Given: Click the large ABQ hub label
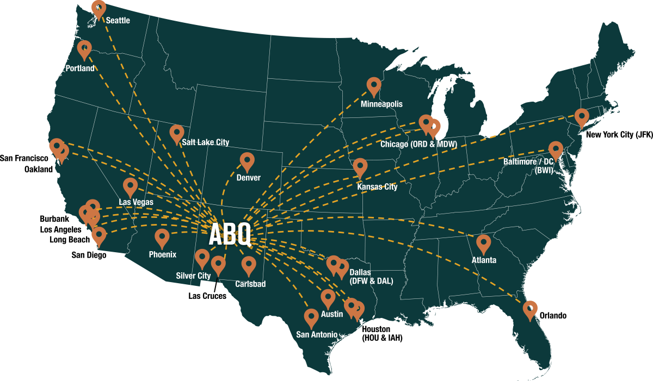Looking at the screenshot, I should click(x=230, y=235).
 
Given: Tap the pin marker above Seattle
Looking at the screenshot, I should click(x=98, y=9).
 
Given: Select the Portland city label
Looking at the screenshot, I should click(x=80, y=68).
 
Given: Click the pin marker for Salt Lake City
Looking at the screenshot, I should click(x=177, y=133).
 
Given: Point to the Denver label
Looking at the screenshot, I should click(x=249, y=178).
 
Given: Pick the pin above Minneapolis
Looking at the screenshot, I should click(x=374, y=85).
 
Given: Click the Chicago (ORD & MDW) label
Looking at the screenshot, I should click(x=418, y=143).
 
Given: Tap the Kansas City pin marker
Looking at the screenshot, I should click(x=360, y=167).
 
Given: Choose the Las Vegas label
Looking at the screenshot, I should click(x=136, y=202).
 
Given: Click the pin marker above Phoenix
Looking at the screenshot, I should click(x=162, y=238).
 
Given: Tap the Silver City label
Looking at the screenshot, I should click(x=193, y=276).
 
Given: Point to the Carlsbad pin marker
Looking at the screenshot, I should click(x=249, y=265).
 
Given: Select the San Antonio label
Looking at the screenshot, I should click(x=317, y=334).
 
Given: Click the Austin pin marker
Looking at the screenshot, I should click(x=328, y=297).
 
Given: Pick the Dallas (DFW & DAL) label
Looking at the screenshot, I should click(x=371, y=277).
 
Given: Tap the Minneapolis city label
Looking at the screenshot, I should click(x=382, y=104).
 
